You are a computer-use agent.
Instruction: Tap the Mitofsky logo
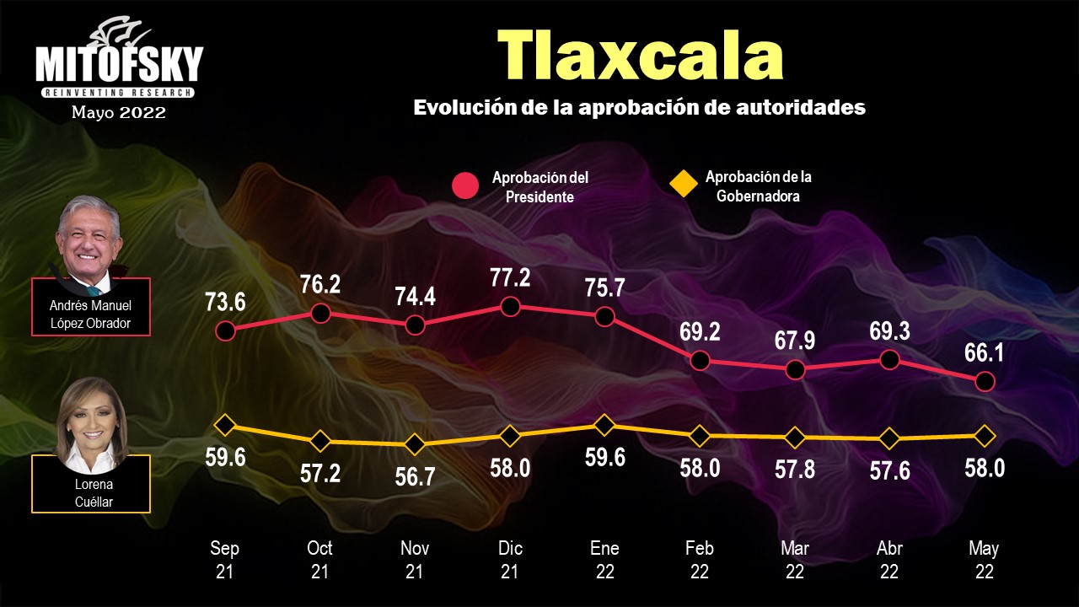[x=119, y=63]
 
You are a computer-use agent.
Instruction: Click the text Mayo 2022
[x=119, y=112]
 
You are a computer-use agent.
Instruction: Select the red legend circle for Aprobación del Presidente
[x=465, y=186]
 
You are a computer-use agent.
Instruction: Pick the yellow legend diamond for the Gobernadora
[x=683, y=183]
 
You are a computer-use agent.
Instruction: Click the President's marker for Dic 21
[x=509, y=307]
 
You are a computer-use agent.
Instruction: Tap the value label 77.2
[x=509, y=278]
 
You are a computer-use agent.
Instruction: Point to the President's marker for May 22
[x=985, y=382]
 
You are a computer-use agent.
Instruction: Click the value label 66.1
[x=985, y=352]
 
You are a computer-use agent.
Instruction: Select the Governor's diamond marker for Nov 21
[x=415, y=444]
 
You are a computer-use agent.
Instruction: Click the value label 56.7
[x=415, y=476]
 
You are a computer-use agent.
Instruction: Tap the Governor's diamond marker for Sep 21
[x=224, y=424]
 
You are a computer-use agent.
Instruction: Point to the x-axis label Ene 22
[x=604, y=560]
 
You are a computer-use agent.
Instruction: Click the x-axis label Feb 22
[x=700, y=560]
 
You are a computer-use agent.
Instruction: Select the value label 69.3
[x=889, y=330]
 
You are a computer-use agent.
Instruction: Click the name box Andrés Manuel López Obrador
[x=91, y=314]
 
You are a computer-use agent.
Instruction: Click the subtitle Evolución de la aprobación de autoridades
[x=639, y=108]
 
